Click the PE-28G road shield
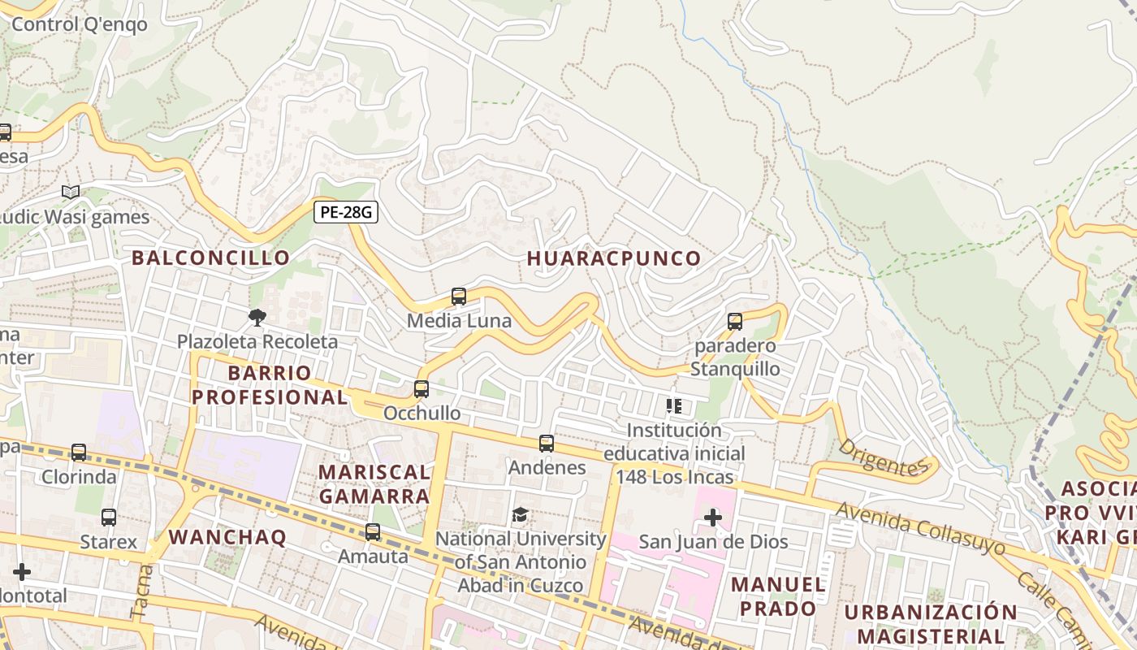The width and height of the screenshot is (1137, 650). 346,212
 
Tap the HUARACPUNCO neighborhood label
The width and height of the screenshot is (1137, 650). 614,258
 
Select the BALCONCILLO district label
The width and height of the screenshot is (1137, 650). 210,258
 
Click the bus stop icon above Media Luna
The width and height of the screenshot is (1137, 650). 459,297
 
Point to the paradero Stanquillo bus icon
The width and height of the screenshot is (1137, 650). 735,322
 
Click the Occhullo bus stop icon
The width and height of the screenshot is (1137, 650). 421,389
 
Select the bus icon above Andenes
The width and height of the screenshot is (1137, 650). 547,444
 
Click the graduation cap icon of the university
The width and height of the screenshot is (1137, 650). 520,514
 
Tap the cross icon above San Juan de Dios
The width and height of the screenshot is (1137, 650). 712,517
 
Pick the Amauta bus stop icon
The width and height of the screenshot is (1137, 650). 373,532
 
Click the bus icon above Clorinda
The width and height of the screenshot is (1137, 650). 79,453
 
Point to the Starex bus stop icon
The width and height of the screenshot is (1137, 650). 109,517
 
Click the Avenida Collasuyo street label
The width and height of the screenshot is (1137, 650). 920,528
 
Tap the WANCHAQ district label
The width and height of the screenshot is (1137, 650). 227,537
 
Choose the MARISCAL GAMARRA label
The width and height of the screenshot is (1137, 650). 374,483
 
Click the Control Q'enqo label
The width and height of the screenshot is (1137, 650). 80,24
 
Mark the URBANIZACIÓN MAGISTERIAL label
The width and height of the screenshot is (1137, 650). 930,623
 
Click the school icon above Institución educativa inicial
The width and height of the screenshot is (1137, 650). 673,405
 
